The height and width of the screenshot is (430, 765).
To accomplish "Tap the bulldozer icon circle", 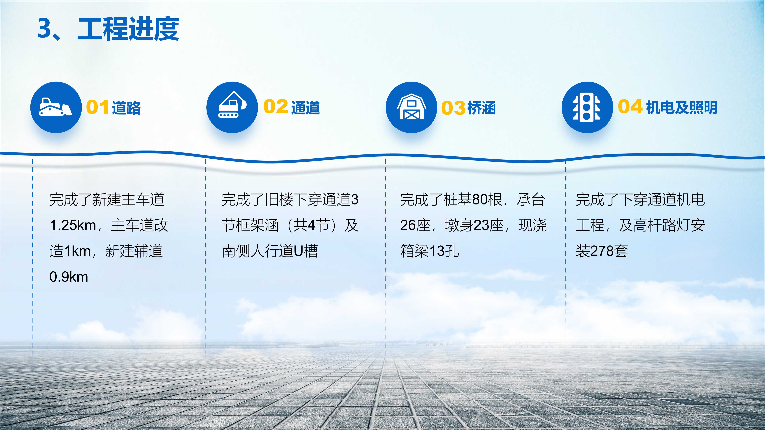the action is pyautogui.click(x=56, y=107).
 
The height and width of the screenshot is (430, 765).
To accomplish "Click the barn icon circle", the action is pyautogui.click(x=411, y=107).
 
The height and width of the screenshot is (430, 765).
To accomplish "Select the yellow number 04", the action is pyautogui.click(x=630, y=107).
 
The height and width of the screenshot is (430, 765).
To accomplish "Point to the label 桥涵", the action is pyautogui.click(x=481, y=107).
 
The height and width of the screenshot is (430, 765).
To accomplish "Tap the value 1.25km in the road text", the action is pyautogui.click(x=73, y=225).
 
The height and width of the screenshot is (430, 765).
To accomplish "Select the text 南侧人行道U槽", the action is pyautogui.click(x=270, y=251).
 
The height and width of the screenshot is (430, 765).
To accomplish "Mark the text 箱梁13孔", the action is pyautogui.click(x=429, y=251).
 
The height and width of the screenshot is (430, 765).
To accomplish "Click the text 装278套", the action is pyautogui.click(x=602, y=251).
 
